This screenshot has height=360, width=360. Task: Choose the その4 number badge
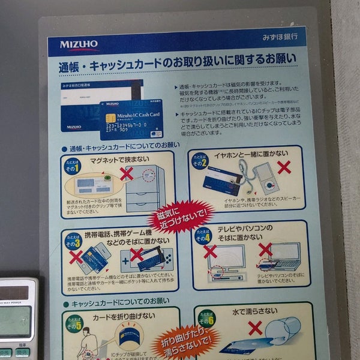201,235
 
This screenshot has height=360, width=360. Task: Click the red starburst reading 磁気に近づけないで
180,215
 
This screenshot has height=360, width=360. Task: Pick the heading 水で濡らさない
256,311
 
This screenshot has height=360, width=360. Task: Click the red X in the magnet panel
127,174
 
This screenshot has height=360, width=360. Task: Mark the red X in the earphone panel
284,167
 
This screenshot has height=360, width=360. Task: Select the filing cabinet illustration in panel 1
146,186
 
